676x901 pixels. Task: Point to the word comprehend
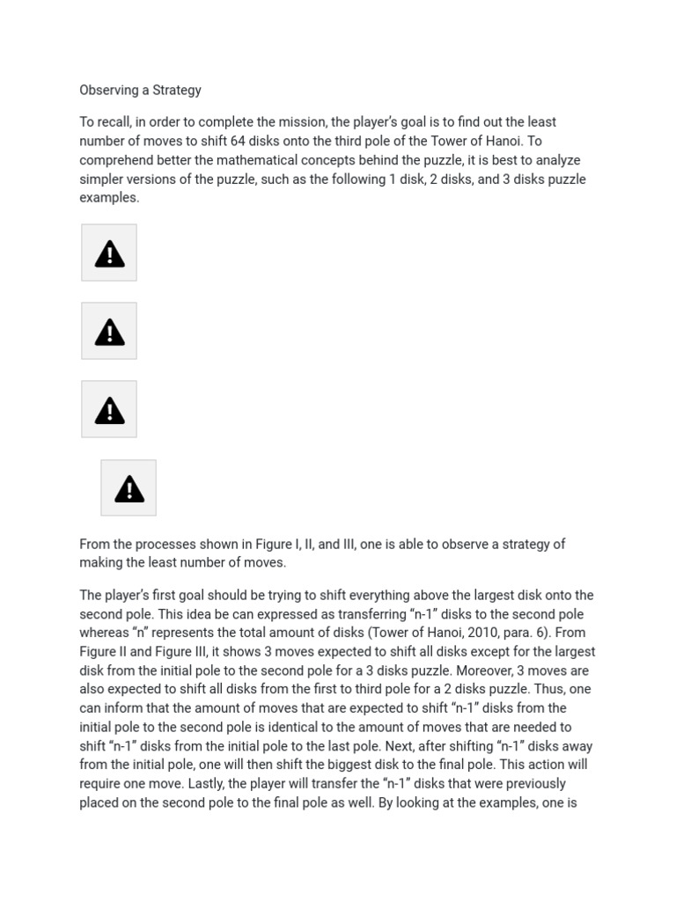tap(115, 160)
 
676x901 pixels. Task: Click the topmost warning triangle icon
tap(109, 253)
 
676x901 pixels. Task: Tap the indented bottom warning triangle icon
tap(129, 488)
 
